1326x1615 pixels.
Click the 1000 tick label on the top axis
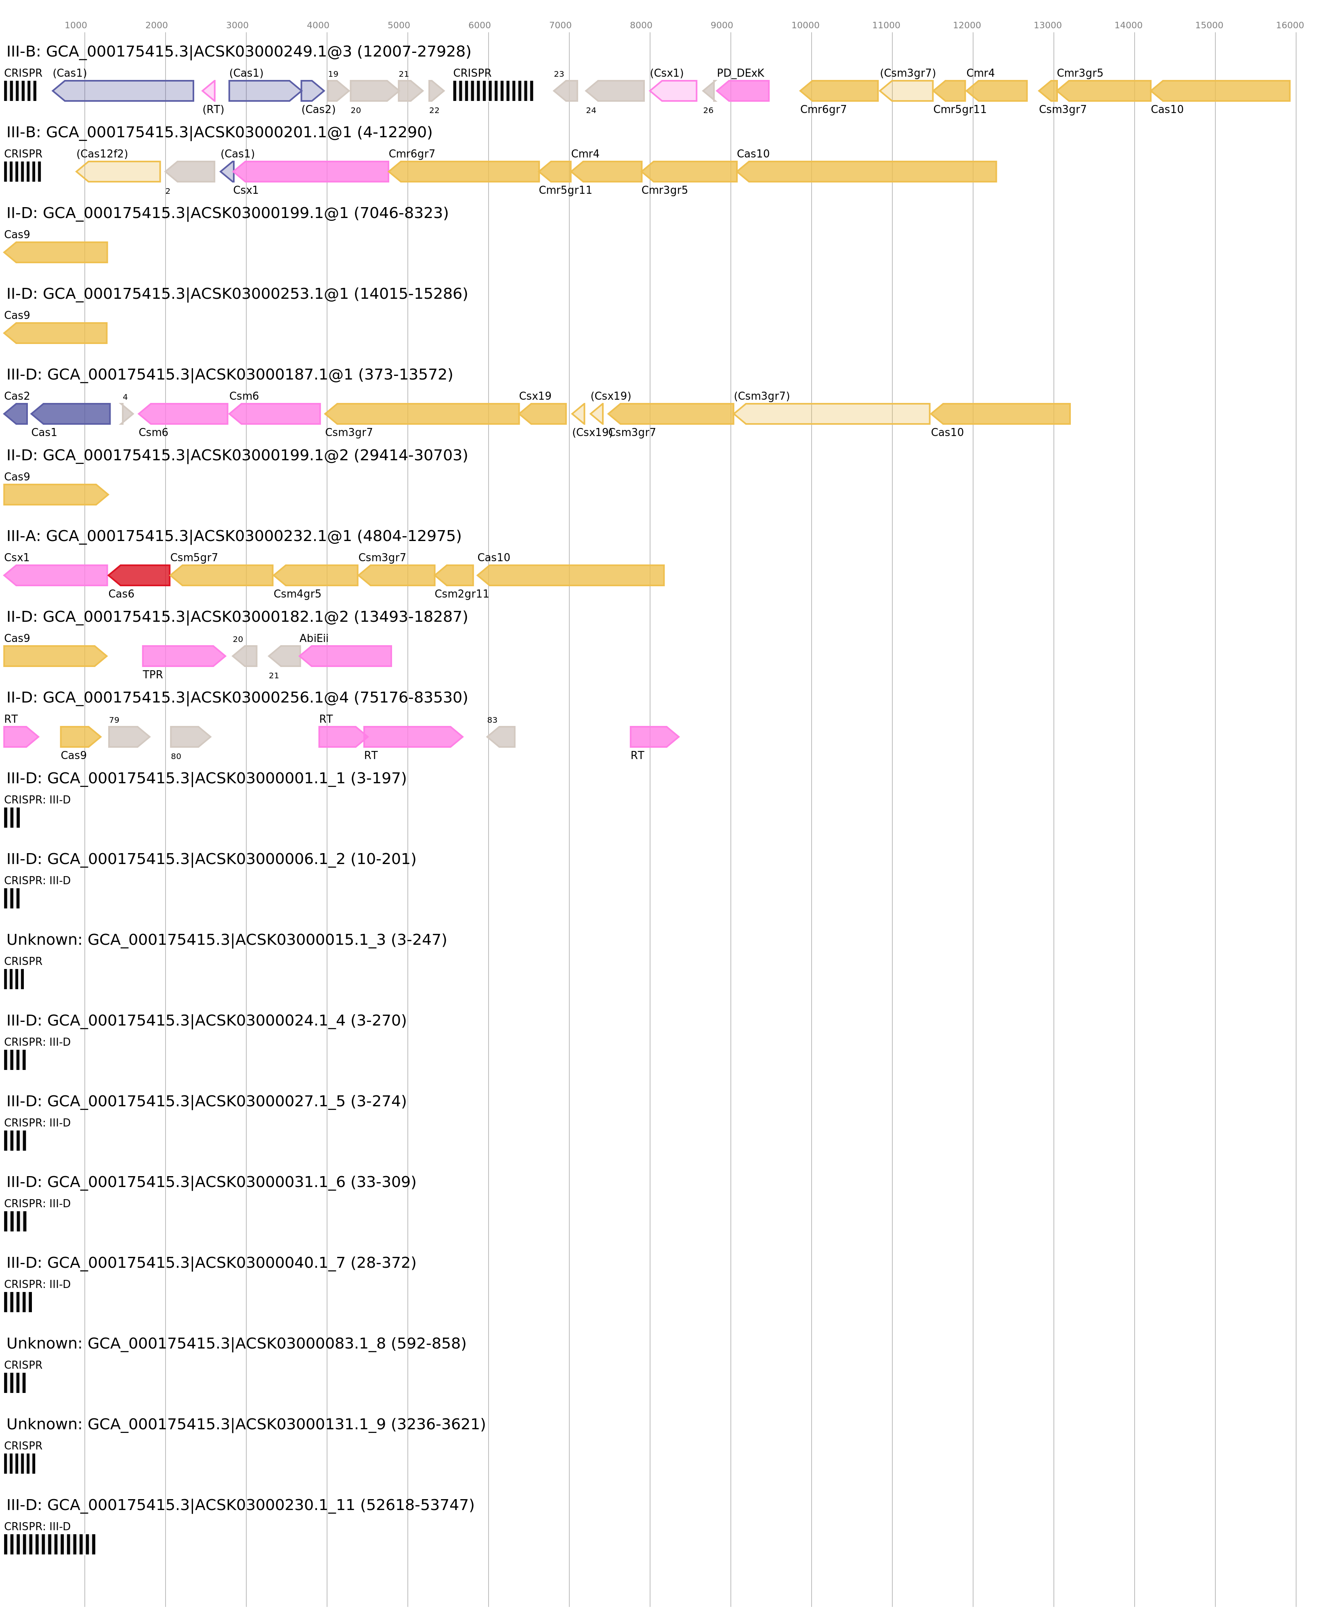(76, 25)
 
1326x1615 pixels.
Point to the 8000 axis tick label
(641, 25)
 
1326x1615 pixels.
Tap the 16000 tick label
(1289, 25)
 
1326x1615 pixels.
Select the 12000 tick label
(966, 25)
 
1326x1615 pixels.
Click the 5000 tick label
(399, 25)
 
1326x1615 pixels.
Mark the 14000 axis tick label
(1128, 25)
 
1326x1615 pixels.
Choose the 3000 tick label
(237, 25)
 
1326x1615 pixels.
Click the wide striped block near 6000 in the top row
(493, 91)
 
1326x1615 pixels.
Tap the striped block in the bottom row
(50, 1544)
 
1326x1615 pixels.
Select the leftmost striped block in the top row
(20, 91)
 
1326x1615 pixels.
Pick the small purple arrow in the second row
(228, 172)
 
